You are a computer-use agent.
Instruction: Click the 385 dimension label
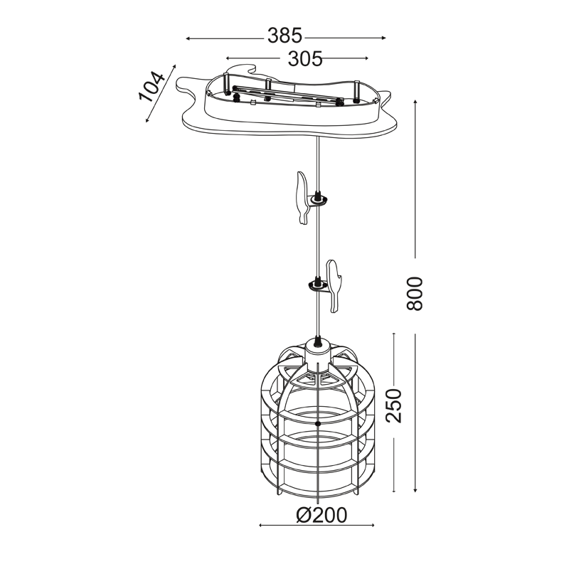tap(285, 36)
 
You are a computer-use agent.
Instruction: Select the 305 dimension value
tap(305, 59)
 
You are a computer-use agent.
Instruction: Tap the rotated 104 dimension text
tap(151, 87)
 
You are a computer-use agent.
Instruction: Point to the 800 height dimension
tap(415, 294)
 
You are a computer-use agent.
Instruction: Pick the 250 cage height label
tap(394, 405)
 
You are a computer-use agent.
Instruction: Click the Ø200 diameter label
tap(321, 515)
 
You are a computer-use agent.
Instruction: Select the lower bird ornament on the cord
tap(334, 286)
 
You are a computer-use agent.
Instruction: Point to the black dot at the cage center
tap(318, 423)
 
